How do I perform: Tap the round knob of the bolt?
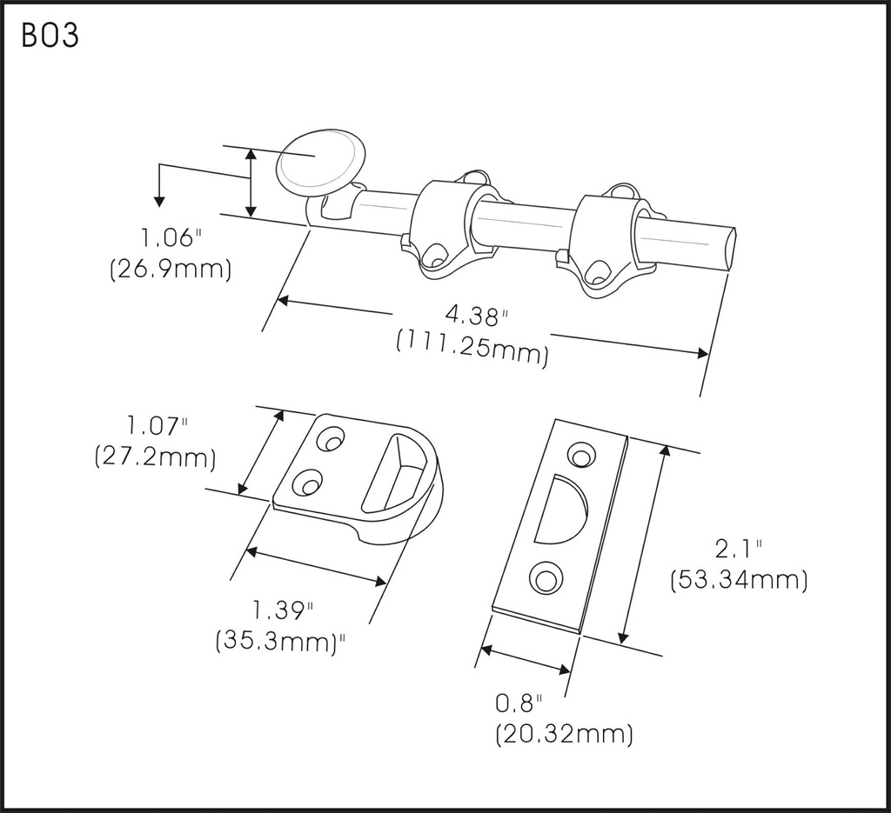click(319, 161)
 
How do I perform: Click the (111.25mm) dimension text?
click(472, 343)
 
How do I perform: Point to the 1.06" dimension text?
click(171, 237)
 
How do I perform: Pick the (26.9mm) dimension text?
click(171, 269)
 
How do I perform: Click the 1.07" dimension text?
click(157, 426)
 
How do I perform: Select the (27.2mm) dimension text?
click(155, 457)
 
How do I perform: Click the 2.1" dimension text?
click(738, 549)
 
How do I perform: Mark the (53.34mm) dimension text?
click(739, 579)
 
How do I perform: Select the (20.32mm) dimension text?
click(563, 734)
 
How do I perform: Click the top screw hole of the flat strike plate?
click(579, 454)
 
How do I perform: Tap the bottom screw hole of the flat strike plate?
click(546, 578)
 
